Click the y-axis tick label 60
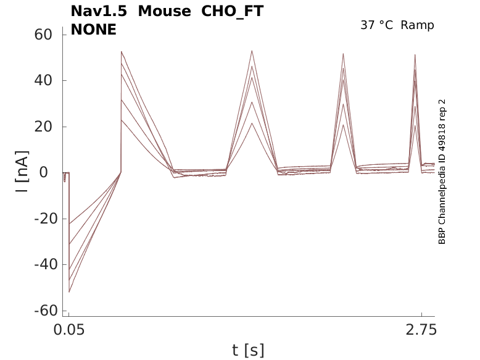point(43,35)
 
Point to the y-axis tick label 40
point(43,80)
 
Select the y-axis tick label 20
point(43,127)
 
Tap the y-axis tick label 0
point(44,172)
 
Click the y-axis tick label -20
point(46,219)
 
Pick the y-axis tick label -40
point(46,264)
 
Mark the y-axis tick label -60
point(46,311)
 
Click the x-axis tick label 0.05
point(69,330)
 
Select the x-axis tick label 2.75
point(421,330)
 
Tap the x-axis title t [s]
point(248,350)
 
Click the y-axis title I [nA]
point(22,172)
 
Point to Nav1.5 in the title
point(99,11)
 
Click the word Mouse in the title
point(165,11)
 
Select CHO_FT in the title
point(233,12)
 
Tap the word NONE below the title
point(93,30)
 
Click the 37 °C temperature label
point(376,25)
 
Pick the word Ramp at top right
point(417,25)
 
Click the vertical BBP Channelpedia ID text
point(442,172)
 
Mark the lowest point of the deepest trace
point(69,292)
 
